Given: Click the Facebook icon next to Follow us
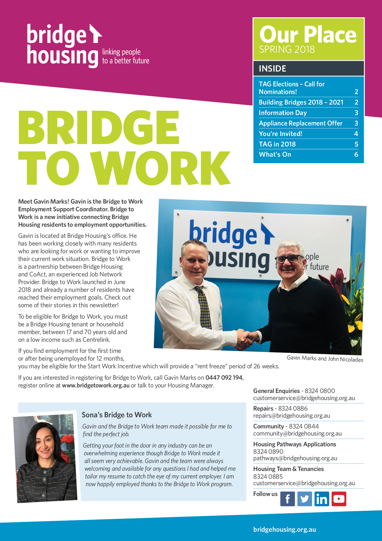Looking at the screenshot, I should [287, 499].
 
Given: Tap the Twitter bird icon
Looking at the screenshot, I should [304, 499].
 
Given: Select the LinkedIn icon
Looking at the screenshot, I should [322, 499].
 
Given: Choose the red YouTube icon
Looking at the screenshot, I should [339, 499].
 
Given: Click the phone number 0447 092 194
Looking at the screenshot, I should [224, 378].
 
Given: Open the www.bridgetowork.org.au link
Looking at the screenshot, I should [95, 386].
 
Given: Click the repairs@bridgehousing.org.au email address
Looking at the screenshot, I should [291, 415].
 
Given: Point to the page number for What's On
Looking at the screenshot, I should [356, 155].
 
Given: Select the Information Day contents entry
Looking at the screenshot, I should [283, 113].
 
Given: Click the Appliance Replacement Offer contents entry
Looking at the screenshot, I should [301, 123].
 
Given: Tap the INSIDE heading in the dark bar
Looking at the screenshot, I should [272, 68].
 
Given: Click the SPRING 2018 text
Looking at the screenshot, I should [287, 49].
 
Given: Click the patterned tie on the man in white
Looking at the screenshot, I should [204, 308].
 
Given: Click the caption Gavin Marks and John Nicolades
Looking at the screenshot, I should [325, 359].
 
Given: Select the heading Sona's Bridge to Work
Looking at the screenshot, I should [117, 415].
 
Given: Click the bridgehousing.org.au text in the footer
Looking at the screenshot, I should [284, 529].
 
